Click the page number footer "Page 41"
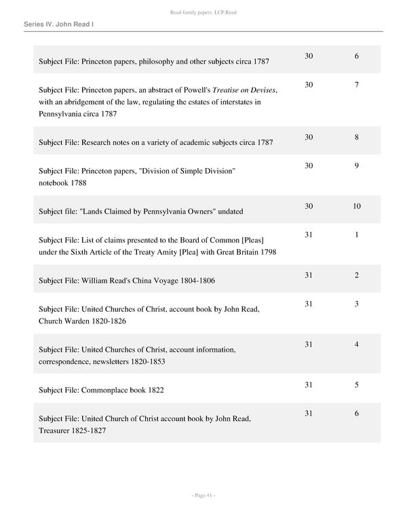(203, 495)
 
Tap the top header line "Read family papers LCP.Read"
(203, 12)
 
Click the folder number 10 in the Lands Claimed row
(357, 206)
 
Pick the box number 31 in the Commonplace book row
(309, 385)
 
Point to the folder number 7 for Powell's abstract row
(357, 85)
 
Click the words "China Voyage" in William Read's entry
(174, 280)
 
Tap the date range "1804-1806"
(216, 280)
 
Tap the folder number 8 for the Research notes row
(357, 137)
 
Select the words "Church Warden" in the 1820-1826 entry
(62, 321)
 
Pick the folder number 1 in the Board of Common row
(357, 235)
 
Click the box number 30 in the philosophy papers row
(309, 56)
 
